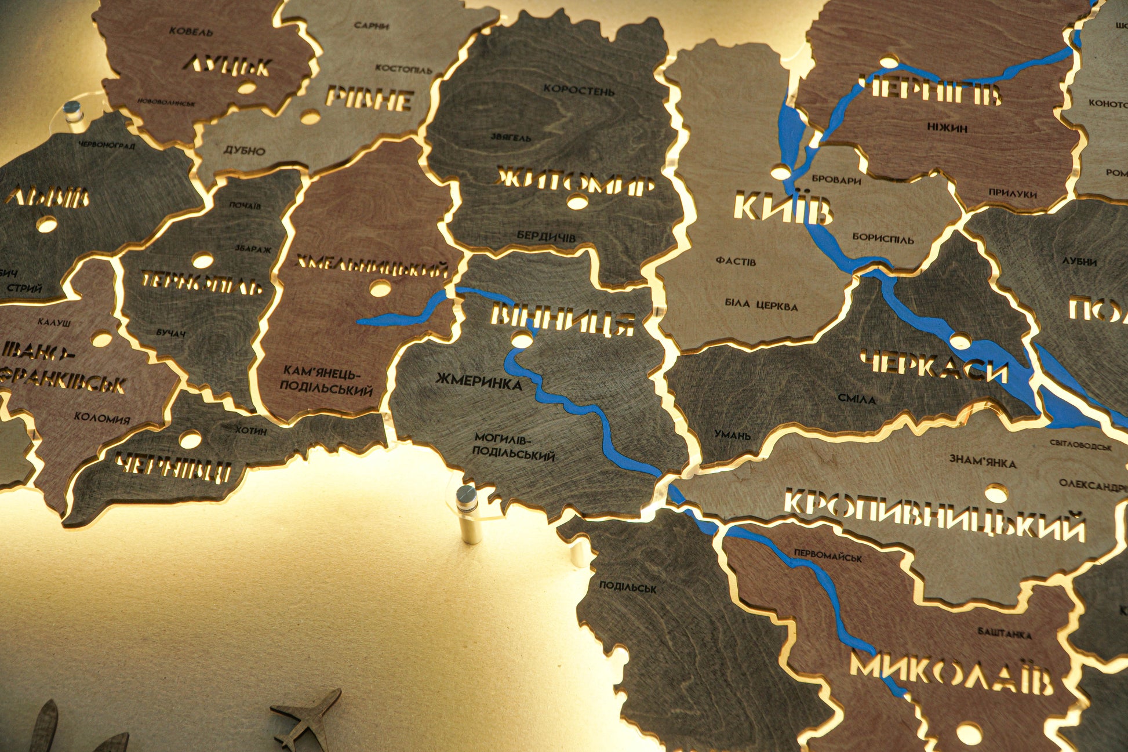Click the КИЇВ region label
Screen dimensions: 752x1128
[x=782, y=209]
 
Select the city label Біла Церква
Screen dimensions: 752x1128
[x=761, y=305]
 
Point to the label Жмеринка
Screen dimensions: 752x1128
[x=478, y=382]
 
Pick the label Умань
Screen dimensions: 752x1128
[x=732, y=434]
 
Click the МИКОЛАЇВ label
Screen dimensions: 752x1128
[x=951, y=675]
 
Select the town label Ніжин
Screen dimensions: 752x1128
[x=947, y=128]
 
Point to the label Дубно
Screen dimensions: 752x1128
[x=244, y=151]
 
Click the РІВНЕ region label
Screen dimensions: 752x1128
[x=369, y=99]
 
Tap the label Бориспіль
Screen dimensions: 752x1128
[x=882, y=238]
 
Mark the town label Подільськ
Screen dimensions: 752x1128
[x=627, y=587]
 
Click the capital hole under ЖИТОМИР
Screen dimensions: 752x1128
[x=577, y=202]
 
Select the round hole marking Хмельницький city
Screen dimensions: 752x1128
[x=380, y=288]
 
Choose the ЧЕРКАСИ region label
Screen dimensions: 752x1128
[x=933, y=366]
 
